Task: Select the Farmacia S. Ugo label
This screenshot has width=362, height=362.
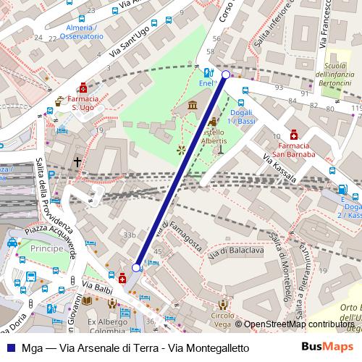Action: click(x=84, y=103)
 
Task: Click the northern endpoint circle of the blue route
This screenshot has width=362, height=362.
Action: click(x=226, y=75)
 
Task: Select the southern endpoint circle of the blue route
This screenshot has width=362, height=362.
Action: click(x=136, y=268)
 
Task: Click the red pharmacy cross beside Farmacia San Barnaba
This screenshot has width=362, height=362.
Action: click(x=293, y=135)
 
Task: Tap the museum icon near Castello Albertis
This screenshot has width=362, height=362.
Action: click(x=191, y=107)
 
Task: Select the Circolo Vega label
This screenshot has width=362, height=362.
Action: click(x=222, y=320)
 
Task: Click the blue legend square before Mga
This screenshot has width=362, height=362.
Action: click(x=10, y=348)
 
